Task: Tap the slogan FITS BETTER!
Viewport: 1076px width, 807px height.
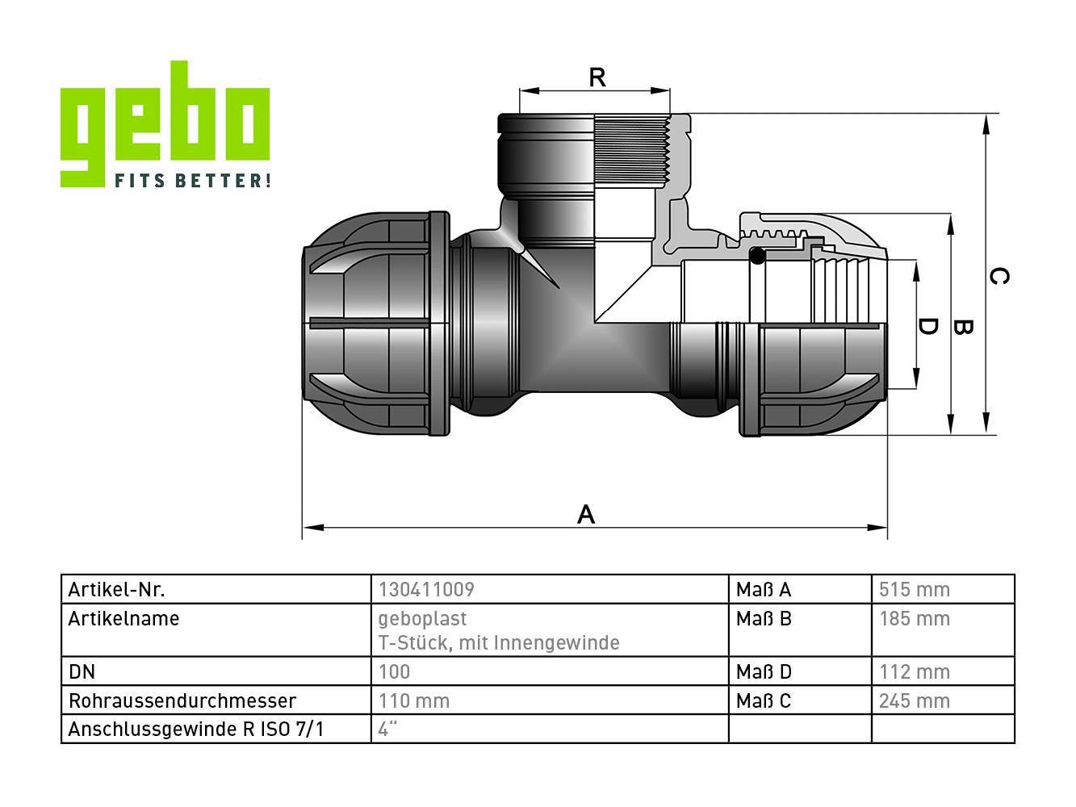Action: click(x=193, y=180)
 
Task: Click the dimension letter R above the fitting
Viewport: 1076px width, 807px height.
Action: click(x=597, y=77)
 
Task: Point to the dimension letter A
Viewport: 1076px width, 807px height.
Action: click(x=586, y=515)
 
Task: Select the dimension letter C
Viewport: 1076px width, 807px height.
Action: click(x=999, y=276)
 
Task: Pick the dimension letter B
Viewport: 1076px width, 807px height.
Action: click(x=962, y=327)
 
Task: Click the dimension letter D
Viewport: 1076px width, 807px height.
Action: click(x=927, y=326)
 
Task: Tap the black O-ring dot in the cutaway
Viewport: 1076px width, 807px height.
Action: click(x=757, y=256)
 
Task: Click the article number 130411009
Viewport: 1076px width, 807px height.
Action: click(x=426, y=589)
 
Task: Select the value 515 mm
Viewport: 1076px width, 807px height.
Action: click(x=915, y=589)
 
